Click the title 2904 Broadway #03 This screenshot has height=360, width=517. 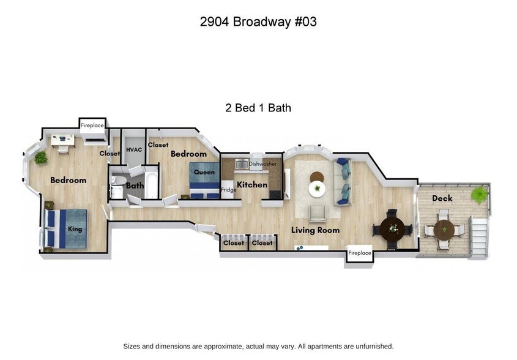tap(258, 22)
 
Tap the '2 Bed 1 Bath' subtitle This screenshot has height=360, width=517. tap(258, 108)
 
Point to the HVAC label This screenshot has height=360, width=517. tap(134, 149)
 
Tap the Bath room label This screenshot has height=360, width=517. tap(135, 185)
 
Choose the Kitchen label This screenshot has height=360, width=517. tap(252, 184)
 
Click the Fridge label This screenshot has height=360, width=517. tap(229, 190)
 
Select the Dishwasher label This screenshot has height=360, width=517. tap(262, 164)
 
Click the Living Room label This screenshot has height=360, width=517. tap(315, 230)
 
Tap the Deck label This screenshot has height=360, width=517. tap(442, 198)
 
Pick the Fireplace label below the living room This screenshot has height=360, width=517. tap(360, 253)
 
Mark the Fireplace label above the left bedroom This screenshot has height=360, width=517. tap(92, 125)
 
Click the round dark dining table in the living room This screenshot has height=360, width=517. tap(392, 229)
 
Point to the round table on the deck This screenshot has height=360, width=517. tap(444, 230)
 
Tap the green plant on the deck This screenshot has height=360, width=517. tap(479, 195)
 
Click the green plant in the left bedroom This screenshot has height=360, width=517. tap(40, 157)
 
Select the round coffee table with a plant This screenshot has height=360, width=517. tap(317, 188)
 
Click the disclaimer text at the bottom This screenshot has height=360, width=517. tap(258, 346)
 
